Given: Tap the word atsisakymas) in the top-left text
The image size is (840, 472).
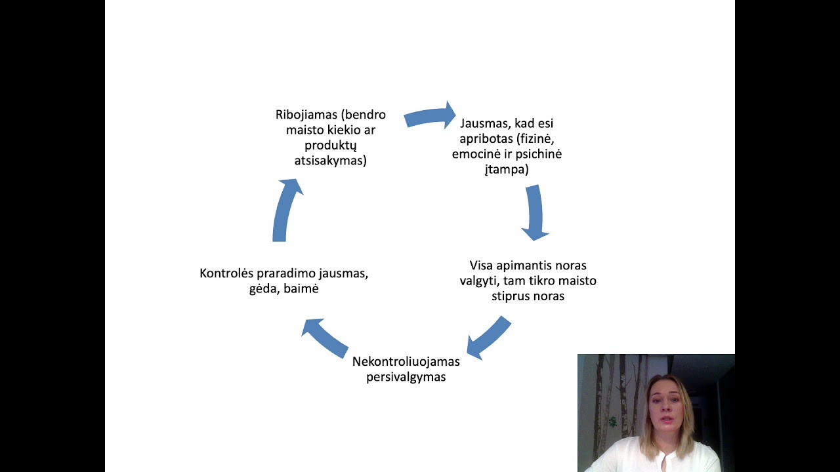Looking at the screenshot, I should pos(331,161).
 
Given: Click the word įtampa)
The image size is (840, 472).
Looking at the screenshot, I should pos(507,169).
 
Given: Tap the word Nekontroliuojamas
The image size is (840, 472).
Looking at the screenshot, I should pos(406,361).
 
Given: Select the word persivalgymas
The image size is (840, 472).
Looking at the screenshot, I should pos(406,377).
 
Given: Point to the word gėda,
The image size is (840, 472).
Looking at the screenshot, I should pos(265,288).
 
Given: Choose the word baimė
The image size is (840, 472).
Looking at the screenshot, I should pos(302,288).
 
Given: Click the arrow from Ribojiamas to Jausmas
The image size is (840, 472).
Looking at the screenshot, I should pos(430,117).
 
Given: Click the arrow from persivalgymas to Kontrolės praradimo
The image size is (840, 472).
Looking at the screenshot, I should pos(324,337).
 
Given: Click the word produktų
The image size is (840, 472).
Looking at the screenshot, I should pos(331,146).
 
